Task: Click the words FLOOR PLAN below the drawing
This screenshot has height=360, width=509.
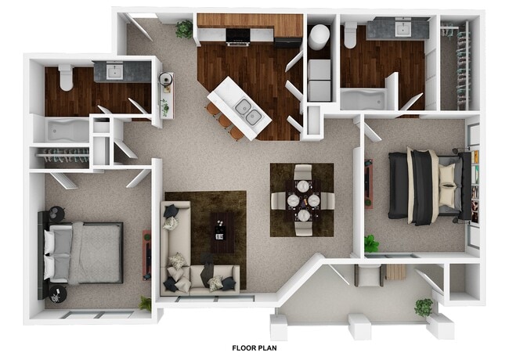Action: point(254,347)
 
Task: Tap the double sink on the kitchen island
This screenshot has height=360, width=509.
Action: point(248,112)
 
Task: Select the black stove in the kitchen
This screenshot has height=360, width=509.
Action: point(237,35)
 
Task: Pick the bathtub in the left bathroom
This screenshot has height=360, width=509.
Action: point(66,129)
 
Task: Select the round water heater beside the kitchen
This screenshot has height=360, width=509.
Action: point(319,36)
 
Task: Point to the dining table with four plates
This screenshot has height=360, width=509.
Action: point(302,200)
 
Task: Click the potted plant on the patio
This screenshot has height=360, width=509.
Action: point(424,307)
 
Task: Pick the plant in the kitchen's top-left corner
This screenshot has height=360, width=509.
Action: point(184,29)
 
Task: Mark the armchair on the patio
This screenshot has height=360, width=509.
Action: point(367,275)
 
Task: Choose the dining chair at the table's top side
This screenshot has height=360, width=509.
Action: point(302,172)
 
